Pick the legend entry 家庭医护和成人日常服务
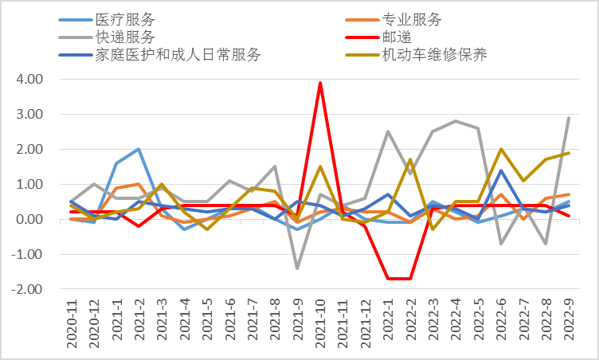(177, 55)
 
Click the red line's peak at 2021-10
(320, 83)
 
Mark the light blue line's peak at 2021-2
(139, 149)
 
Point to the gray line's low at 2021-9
(297, 268)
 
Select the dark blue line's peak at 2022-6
(501, 170)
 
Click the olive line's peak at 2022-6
(501, 149)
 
